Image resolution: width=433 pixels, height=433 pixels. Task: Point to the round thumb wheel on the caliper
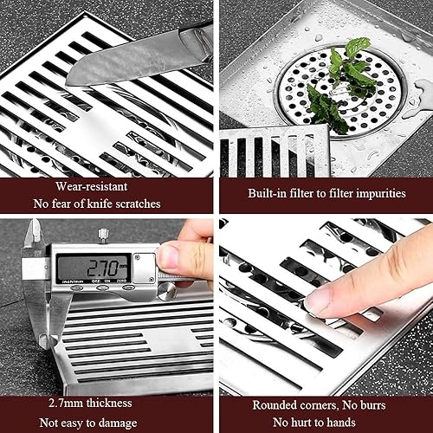[167, 291]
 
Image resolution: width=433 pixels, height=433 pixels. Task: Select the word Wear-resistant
[91, 186]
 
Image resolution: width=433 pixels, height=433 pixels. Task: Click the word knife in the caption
[100, 204]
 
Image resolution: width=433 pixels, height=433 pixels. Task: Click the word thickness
[109, 403]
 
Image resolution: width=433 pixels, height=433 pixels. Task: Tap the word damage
[118, 423]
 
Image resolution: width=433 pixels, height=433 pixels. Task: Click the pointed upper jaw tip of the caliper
[34, 220]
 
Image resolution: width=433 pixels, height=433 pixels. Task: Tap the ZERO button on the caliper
[128, 288]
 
